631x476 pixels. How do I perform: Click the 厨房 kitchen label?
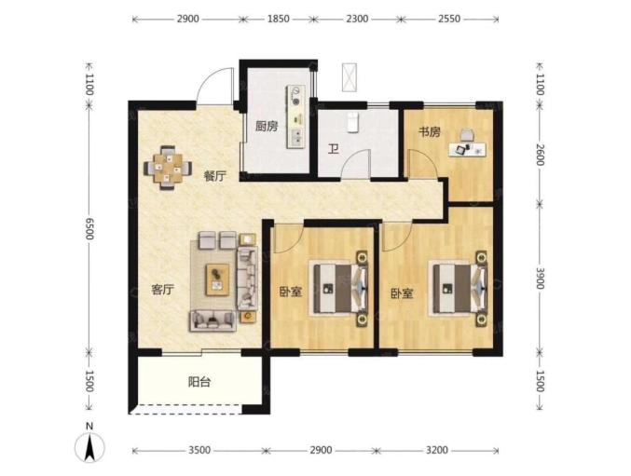[267, 127]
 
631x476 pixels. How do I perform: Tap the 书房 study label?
[430, 132]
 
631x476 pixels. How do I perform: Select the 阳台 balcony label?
[199, 382]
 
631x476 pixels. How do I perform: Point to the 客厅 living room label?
[162, 290]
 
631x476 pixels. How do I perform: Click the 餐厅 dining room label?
[215, 176]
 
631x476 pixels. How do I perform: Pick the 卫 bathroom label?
[333, 150]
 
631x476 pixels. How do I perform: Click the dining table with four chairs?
[168, 168]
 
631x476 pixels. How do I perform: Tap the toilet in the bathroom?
[353, 122]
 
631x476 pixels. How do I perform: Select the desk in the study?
[467, 149]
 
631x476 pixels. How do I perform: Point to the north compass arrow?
[89, 447]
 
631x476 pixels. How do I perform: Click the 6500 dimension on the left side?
[89, 229]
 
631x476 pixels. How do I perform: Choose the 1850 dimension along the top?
[279, 19]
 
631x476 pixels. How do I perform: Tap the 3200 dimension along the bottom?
[436, 450]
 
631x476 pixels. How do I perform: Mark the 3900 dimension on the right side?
[540, 278]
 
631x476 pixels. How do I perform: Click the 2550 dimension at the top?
[449, 19]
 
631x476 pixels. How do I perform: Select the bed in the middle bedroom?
[338, 288]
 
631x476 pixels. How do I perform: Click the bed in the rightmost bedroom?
[459, 288]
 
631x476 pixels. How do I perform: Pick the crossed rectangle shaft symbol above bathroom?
[350, 76]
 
